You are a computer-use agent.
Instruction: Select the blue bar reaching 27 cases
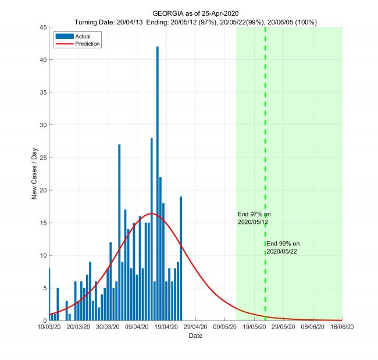coord(119,233)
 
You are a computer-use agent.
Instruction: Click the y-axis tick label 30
coord(42,124)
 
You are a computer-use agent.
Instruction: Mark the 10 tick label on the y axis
coord(42,255)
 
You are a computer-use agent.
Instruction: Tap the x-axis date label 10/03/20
coord(49,328)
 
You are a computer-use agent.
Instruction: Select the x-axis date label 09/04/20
coord(137,328)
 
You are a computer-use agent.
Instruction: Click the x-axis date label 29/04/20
coord(195,328)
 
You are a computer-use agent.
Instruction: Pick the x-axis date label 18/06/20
coord(341,328)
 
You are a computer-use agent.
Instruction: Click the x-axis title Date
coord(195,336)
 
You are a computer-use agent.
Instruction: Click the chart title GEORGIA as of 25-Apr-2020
coord(195,13)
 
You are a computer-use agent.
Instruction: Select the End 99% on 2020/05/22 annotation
coord(283,247)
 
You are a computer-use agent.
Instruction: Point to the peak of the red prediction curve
coord(151,213)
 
